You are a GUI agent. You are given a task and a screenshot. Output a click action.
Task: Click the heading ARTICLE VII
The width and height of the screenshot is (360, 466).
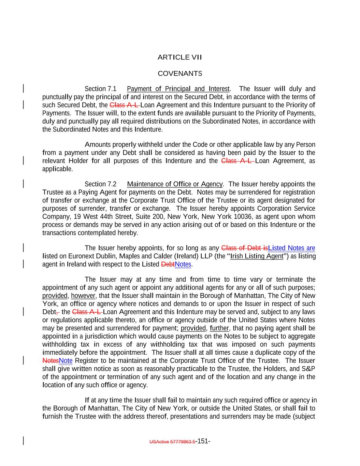click(x=179, y=57)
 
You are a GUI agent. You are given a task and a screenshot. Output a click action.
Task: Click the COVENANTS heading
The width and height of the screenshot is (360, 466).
click(x=179, y=74)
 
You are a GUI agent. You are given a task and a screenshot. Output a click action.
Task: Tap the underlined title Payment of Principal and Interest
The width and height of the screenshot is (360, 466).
click(x=178, y=89)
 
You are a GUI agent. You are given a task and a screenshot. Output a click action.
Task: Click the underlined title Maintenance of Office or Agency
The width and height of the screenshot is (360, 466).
click(x=175, y=184)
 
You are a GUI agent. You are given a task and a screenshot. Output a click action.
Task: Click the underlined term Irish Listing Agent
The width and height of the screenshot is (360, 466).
click(x=257, y=256)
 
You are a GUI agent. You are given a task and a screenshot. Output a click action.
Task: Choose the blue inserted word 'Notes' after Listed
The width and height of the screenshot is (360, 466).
click(x=183, y=265)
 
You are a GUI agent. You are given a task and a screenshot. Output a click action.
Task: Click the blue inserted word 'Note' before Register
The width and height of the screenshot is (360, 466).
click(x=66, y=361)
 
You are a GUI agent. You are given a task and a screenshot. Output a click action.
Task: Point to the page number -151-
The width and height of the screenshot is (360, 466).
click(x=203, y=441)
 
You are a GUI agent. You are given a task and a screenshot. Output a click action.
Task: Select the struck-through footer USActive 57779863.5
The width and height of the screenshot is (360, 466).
click(x=172, y=442)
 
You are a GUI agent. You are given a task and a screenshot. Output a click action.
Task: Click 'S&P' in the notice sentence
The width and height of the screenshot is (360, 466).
click(x=308, y=369)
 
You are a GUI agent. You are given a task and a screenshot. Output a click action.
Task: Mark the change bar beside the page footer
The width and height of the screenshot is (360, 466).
click(x=23, y=441)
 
